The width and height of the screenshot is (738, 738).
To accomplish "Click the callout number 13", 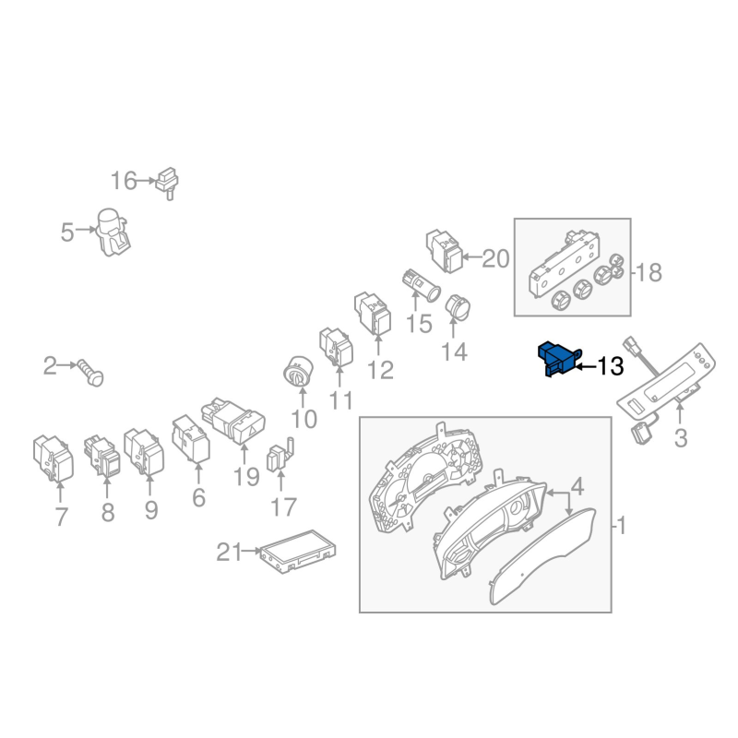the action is point(611,366).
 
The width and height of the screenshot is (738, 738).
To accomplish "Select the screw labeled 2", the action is point(90,373).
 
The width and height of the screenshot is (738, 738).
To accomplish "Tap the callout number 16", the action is point(124,181).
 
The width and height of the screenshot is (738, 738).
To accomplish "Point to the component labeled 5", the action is point(113,232).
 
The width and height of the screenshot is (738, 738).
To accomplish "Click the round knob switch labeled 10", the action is point(298,373).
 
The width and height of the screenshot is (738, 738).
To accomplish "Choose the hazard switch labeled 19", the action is point(233,421).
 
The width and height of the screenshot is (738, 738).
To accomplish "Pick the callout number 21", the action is point(229,552).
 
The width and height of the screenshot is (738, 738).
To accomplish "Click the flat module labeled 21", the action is point(298,551).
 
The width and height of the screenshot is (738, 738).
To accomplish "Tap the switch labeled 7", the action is point(54,458).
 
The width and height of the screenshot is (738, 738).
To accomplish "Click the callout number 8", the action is point(108,513).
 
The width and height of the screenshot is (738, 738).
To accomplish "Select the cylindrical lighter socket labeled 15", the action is point(422,285).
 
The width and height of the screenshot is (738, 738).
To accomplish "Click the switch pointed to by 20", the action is point(445,251).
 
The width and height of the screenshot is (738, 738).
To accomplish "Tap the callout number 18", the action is point(649,272).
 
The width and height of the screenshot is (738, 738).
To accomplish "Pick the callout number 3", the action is point(681,438).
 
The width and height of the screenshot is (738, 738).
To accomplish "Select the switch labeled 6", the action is point(191,439).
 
